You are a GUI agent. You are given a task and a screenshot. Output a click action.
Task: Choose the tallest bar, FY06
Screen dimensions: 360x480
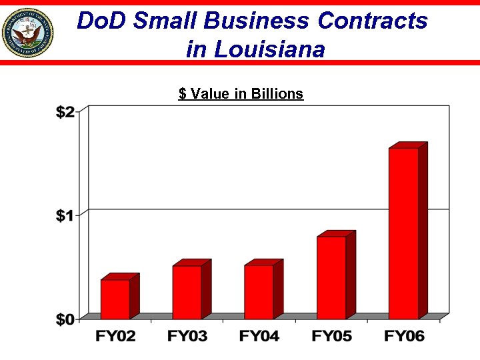coord(403,233)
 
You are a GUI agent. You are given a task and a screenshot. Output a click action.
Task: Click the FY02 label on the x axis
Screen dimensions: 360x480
coord(115,337)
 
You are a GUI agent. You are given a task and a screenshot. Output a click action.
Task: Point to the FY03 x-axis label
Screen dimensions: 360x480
coord(187,337)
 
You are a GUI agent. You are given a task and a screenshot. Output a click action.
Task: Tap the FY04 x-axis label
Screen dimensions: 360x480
coord(259,337)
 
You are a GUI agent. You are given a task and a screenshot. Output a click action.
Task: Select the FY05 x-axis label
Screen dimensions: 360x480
coord(331,337)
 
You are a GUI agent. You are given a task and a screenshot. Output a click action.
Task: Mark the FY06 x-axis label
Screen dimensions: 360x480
coord(404,337)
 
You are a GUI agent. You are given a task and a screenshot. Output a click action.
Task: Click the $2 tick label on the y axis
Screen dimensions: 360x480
coord(65,112)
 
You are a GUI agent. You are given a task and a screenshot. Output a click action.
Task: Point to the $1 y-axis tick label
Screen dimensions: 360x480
coord(65,215)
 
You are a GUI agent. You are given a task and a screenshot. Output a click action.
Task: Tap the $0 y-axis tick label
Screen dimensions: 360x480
coord(65,319)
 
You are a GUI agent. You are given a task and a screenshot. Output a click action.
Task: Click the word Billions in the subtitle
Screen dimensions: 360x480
coord(277,94)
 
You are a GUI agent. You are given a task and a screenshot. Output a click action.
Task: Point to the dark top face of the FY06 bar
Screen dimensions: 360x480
coord(408,145)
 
